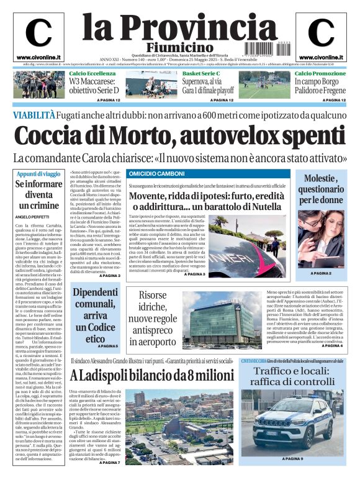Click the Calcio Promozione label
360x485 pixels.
320,73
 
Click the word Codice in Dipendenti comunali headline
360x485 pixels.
102,326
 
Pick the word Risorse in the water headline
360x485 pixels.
153,295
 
